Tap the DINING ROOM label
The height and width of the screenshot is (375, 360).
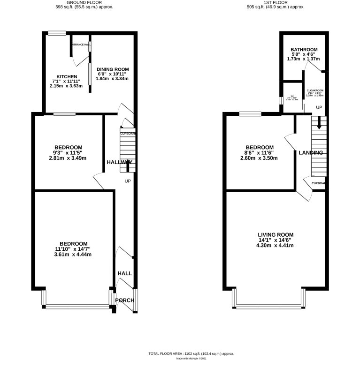tap(113, 69)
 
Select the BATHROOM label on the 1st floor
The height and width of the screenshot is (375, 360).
tap(304, 49)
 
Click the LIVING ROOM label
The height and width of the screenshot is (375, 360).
tap(276, 234)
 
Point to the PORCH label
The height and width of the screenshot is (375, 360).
tap(125, 300)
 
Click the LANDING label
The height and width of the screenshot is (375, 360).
tap(311, 153)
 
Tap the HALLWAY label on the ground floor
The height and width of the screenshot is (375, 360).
tap(119, 162)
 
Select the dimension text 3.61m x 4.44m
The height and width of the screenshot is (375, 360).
tap(72, 255)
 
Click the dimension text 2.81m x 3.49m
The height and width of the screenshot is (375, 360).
tap(68, 158)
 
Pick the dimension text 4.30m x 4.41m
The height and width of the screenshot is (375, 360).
tap(276, 246)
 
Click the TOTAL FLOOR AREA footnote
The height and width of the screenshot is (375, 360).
tap(191, 353)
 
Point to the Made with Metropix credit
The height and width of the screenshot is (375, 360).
tap(191, 359)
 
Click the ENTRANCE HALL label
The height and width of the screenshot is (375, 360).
tap(81, 45)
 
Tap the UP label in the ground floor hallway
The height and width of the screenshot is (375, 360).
tap(128, 181)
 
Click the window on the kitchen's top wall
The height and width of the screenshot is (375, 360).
tap(56, 33)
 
